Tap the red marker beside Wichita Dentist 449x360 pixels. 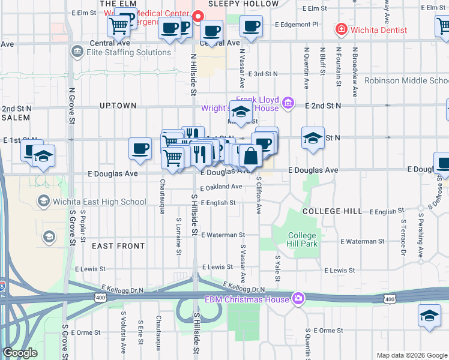click(x=341, y=29)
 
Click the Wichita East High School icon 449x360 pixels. click(x=43, y=201)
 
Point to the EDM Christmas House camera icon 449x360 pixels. click(x=298, y=298)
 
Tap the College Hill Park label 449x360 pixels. click(x=301, y=239)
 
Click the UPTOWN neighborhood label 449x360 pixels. click(x=118, y=106)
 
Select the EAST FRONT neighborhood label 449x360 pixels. click(x=118, y=246)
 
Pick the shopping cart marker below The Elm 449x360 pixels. click(x=119, y=26)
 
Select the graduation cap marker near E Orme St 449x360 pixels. click(x=430, y=316)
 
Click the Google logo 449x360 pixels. click(x=20, y=353)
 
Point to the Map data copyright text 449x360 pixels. click(x=411, y=355)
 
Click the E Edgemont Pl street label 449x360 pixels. click(x=296, y=25)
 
